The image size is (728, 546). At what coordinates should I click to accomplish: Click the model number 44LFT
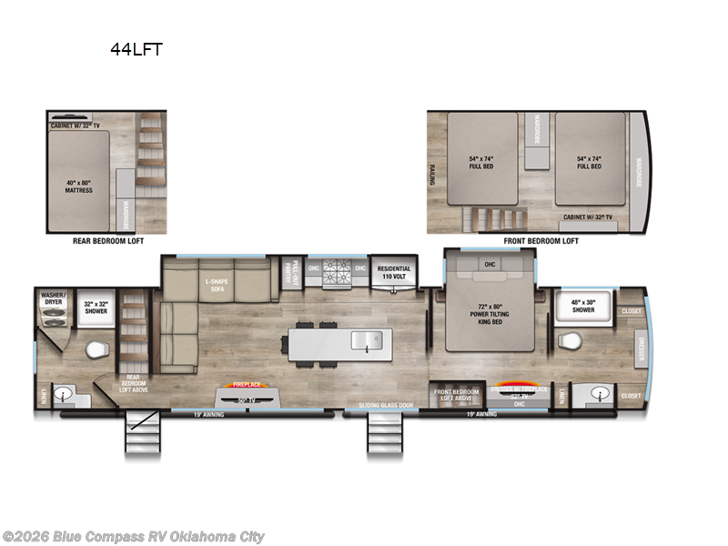[x=136, y=50]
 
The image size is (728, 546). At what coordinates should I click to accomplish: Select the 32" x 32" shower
[x=96, y=308]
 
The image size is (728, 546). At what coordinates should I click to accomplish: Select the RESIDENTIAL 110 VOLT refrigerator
[x=394, y=272]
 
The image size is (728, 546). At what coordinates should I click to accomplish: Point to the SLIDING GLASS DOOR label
[x=386, y=404]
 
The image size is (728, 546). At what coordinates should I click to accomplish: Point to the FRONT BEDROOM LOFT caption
[x=541, y=241]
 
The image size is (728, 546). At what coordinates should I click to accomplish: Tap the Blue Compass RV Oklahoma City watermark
[x=134, y=536]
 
